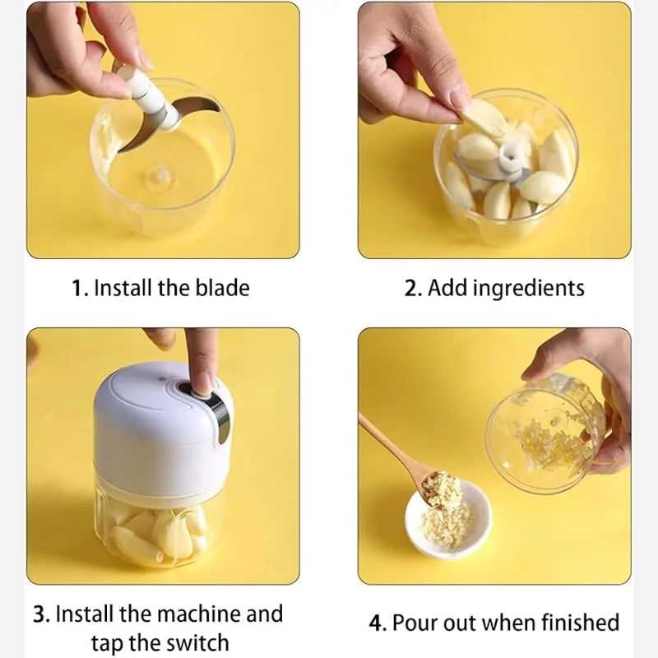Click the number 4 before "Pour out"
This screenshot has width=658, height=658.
(x=377, y=623)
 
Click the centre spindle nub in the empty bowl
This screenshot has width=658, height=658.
(x=160, y=175)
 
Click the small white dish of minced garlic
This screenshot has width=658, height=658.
(x=447, y=521)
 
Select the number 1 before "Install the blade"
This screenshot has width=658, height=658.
(x=78, y=289)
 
